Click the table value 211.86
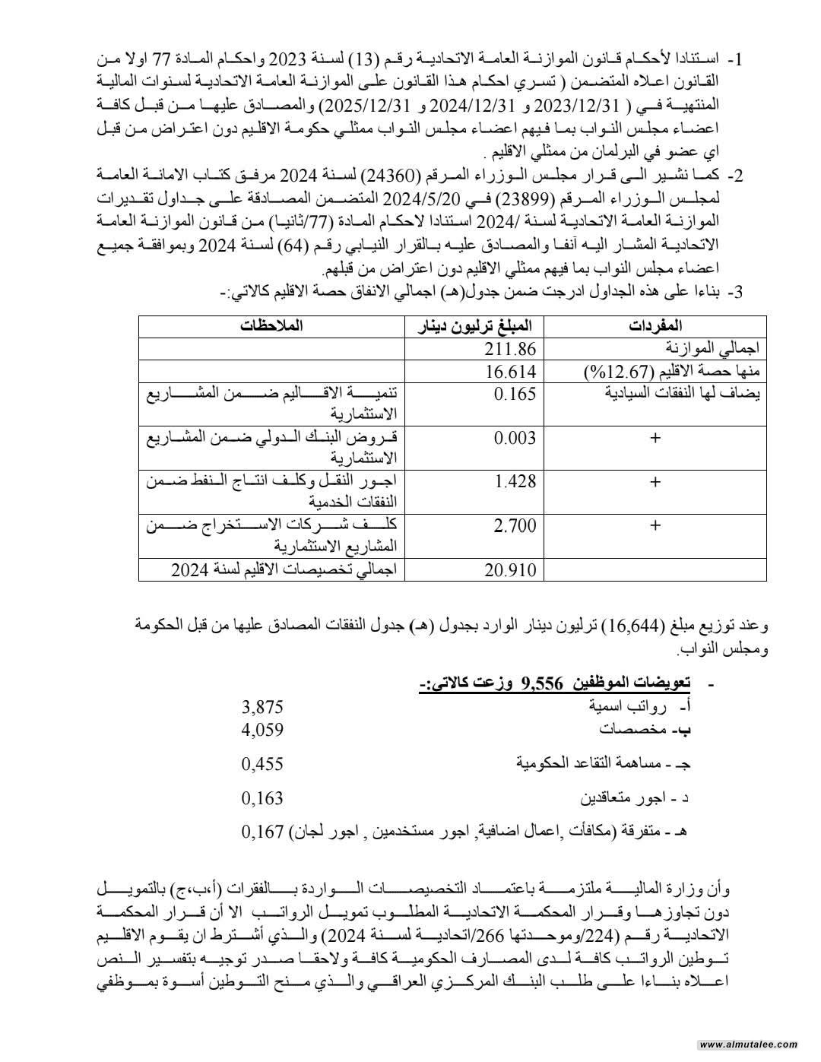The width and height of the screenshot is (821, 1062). click(x=510, y=349)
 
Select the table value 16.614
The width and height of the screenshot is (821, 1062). click(x=510, y=372)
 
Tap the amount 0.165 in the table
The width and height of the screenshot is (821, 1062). click(x=515, y=394)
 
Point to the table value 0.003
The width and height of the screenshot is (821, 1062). click(x=515, y=438)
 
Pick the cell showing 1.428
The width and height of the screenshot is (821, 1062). click(x=515, y=482)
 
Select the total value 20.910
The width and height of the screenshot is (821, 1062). click(x=510, y=570)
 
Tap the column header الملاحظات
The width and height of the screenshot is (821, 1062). click(x=271, y=326)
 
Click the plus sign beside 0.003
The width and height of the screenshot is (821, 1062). click(x=655, y=439)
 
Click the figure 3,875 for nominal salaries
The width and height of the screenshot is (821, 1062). click(x=262, y=707)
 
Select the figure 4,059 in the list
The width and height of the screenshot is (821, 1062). click(x=262, y=730)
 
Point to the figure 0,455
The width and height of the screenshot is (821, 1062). click(x=262, y=764)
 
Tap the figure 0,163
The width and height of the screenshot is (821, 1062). click(x=262, y=798)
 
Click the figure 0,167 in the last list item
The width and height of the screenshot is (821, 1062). click(x=262, y=832)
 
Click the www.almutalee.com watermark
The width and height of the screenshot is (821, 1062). click(x=749, y=1045)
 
